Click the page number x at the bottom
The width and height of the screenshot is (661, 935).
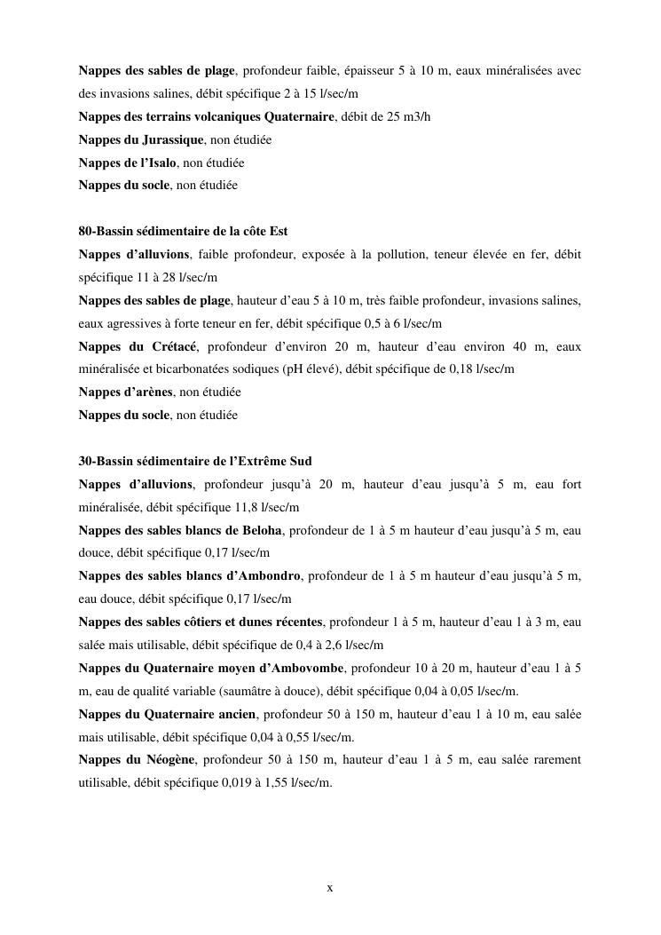[330, 887]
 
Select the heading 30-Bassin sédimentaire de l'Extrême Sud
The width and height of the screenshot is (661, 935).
[195, 462]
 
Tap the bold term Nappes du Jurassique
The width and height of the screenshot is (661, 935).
[141, 139]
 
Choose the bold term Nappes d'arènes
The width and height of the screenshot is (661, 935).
[125, 392]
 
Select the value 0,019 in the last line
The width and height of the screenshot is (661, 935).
[235, 783]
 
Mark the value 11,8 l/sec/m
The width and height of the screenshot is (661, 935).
[257, 508]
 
